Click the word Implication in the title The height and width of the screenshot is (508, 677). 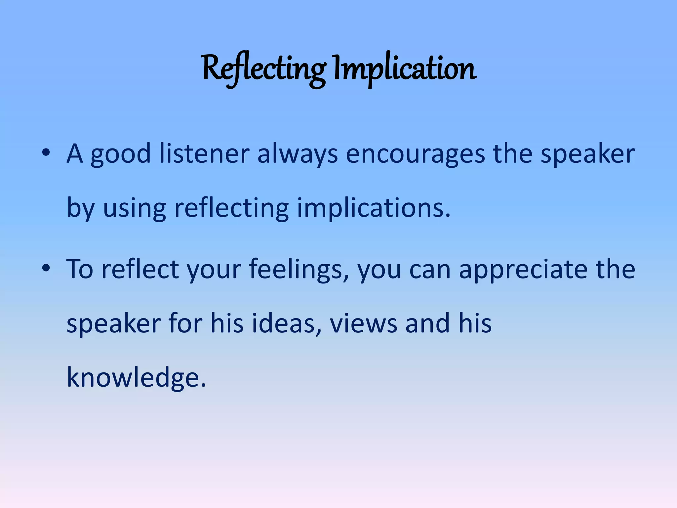click(405, 69)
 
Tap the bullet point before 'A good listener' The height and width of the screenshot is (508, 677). click(46, 153)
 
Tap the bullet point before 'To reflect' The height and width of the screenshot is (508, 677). click(46, 268)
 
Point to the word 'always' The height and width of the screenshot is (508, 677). click(298, 155)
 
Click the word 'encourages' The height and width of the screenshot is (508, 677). click(415, 155)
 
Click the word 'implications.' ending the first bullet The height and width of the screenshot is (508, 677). click(374, 208)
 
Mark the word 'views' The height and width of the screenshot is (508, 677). click(364, 323)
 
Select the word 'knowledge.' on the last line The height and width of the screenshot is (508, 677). click(136, 378)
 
